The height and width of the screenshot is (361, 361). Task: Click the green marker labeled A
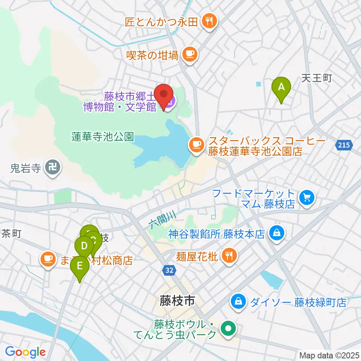(281, 87)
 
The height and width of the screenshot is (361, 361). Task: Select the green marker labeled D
(84, 247)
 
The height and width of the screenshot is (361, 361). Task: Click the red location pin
(164, 94)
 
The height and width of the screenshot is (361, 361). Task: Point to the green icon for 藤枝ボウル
(228, 329)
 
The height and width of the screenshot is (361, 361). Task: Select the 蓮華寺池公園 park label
(103, 137)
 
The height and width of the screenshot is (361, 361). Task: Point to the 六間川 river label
(161, 220)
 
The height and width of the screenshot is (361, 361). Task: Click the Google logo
(25, 352)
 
